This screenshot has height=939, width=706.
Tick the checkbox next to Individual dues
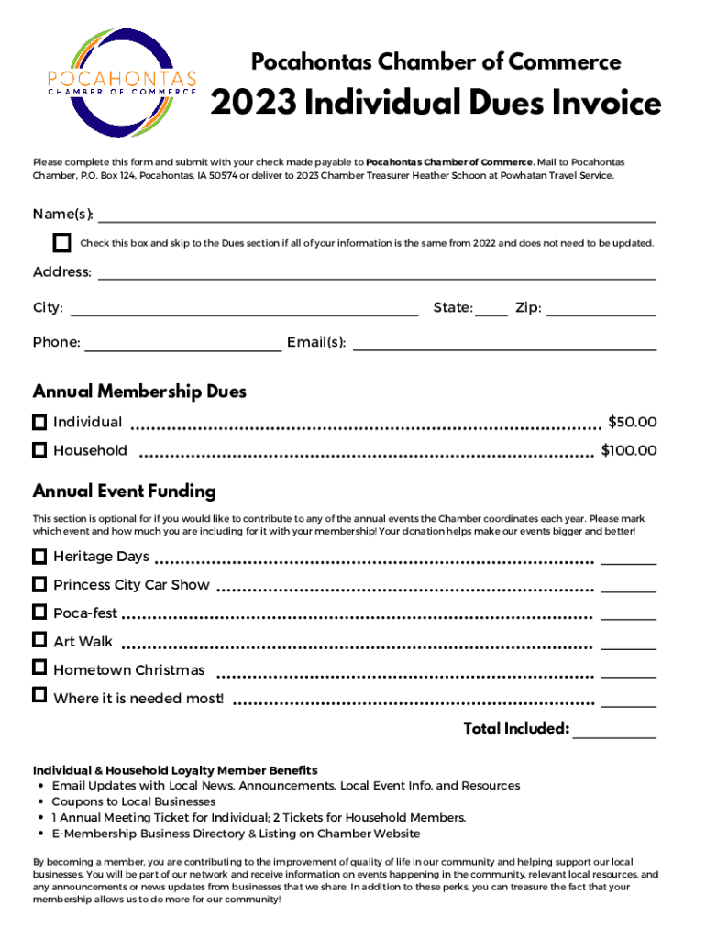(39, 423)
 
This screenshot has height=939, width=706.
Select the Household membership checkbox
(39, 450)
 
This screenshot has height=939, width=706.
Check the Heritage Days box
(39, 557)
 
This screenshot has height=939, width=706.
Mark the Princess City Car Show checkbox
(39, 584)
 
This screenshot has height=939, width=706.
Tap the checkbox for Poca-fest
(39, 612)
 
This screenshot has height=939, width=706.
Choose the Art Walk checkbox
(39, 640)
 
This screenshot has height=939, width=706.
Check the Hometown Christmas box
(39, 668)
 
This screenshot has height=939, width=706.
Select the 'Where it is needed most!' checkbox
(39, 696)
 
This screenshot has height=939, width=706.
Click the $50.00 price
(632, 423)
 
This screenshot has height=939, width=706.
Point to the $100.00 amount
(628, 450)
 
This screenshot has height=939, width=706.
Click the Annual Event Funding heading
(125, 492)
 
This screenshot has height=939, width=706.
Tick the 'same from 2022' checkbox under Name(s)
(61, 243)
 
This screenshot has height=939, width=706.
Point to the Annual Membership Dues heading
(139, 392)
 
